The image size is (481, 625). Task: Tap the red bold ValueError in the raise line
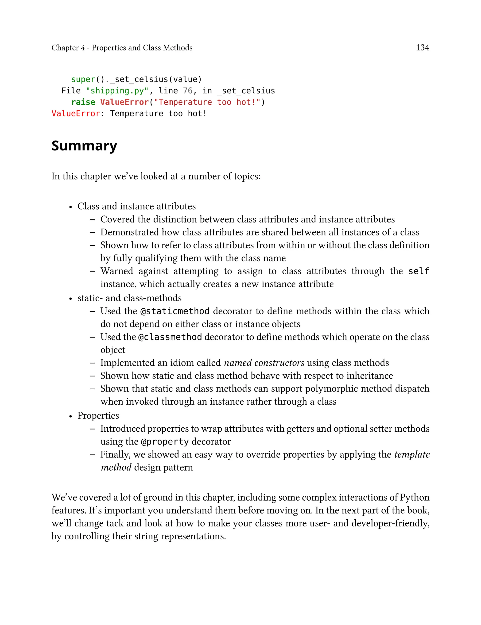(x=124, y=102)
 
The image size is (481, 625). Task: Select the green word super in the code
(x=83, y=79)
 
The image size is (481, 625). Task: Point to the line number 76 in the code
(x=187, y=91)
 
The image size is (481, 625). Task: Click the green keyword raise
(x=83, y=102)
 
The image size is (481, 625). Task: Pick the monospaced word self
(x=418, y=271)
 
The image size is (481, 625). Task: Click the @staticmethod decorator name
(x=175, y=311)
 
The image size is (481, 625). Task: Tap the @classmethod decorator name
(x=170, y=337)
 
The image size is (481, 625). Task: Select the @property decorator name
(x=165, y=442)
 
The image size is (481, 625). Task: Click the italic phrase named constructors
(x=264, y=363)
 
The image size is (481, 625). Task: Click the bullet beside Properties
(x=70, y=416)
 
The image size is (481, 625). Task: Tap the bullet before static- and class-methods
(x=70, y=299)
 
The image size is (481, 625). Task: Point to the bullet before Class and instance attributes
(x=70, y=207)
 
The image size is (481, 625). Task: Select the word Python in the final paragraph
(x=414, y=497)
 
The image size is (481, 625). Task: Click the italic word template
(x=412, y=455)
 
